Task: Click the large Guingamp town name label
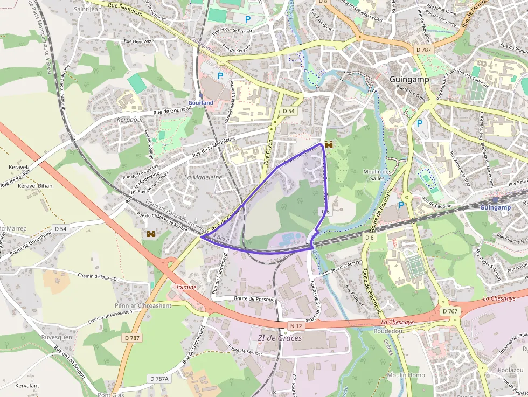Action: click(409, 79)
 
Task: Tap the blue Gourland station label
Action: click(200, 102)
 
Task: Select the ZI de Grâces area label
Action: click(280, 338)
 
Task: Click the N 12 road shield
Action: click(295, 326)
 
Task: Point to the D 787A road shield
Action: click(159, 379)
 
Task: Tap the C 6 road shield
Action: click(325, 212)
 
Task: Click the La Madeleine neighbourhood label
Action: click(203, 177)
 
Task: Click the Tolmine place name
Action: click(186, 287)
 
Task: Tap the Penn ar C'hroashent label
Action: click(143, 305)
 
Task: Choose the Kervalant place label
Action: click(27, 386)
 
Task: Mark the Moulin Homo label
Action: click(406, 375)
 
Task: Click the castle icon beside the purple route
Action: click(328, 144)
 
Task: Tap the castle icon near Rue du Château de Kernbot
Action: click(151, 234)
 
